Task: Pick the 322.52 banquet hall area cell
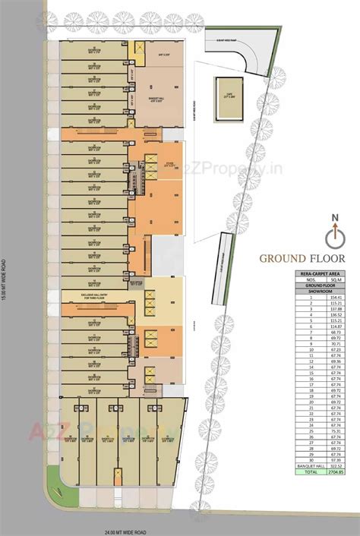(335, 465)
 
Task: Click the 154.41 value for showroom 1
(335, 298)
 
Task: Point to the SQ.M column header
(335, 280)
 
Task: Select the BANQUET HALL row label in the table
(308, 465)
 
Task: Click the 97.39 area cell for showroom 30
(335, 459)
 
